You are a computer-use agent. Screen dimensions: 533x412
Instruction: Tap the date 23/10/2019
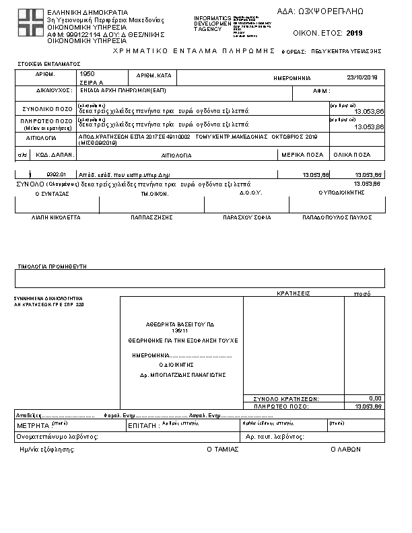(x=362, y=77)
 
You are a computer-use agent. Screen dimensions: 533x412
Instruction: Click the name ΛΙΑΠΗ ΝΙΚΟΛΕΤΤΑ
(x=57, y=218)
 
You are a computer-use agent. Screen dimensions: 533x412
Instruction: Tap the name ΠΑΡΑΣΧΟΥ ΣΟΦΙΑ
(x=246, y=218)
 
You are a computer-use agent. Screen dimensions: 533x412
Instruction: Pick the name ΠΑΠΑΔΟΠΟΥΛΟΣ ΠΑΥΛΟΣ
(x=337, y=218)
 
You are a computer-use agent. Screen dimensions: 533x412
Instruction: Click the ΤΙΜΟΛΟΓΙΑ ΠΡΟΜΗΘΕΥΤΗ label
(x=53, y=266)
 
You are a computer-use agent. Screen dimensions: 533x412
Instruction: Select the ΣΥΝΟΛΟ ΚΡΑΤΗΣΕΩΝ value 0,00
(x=375, y=398)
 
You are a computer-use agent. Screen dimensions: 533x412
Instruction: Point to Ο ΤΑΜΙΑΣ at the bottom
(x=222, y=449)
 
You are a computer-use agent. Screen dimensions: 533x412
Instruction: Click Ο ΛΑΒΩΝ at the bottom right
(x=342, y=449)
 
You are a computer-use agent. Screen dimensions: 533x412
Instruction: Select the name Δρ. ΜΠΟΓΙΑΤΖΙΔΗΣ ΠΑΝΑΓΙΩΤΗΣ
(x=182, y=374)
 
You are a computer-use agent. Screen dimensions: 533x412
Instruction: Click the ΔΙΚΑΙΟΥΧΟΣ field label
(x=54, y=90)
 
